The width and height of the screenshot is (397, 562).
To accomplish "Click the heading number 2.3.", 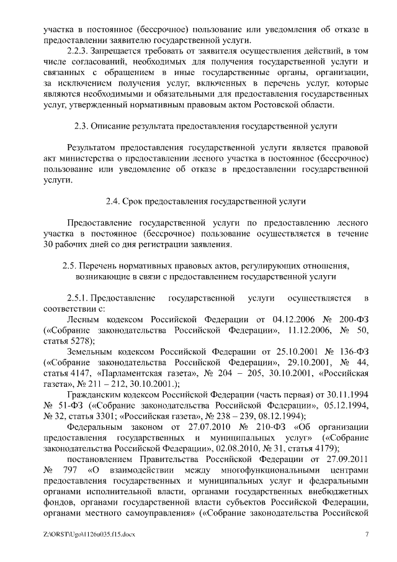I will (x=81, y=127).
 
